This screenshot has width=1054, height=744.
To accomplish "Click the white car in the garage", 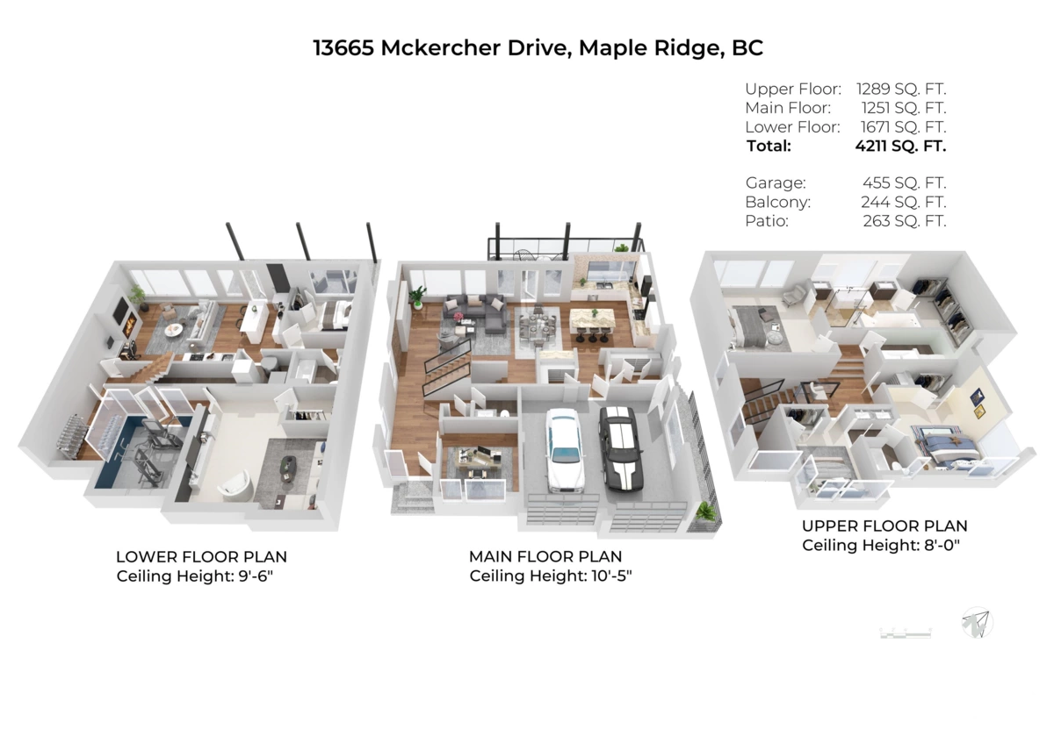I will (x=563, y=448).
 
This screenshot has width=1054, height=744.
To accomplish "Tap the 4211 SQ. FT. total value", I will (x=900, y=146).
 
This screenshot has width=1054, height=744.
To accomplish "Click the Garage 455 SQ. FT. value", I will (x=904, y=182).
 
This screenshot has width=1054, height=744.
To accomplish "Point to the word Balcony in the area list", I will (x=777, y=202).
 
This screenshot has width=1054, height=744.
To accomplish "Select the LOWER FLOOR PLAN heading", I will (x=201, y=557).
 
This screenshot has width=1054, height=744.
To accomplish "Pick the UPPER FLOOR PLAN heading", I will (x=884, y=526).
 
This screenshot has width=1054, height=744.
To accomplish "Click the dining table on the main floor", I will (x=536, y=324).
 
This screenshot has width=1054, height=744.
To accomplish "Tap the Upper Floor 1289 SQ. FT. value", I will (x=904, y=89).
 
